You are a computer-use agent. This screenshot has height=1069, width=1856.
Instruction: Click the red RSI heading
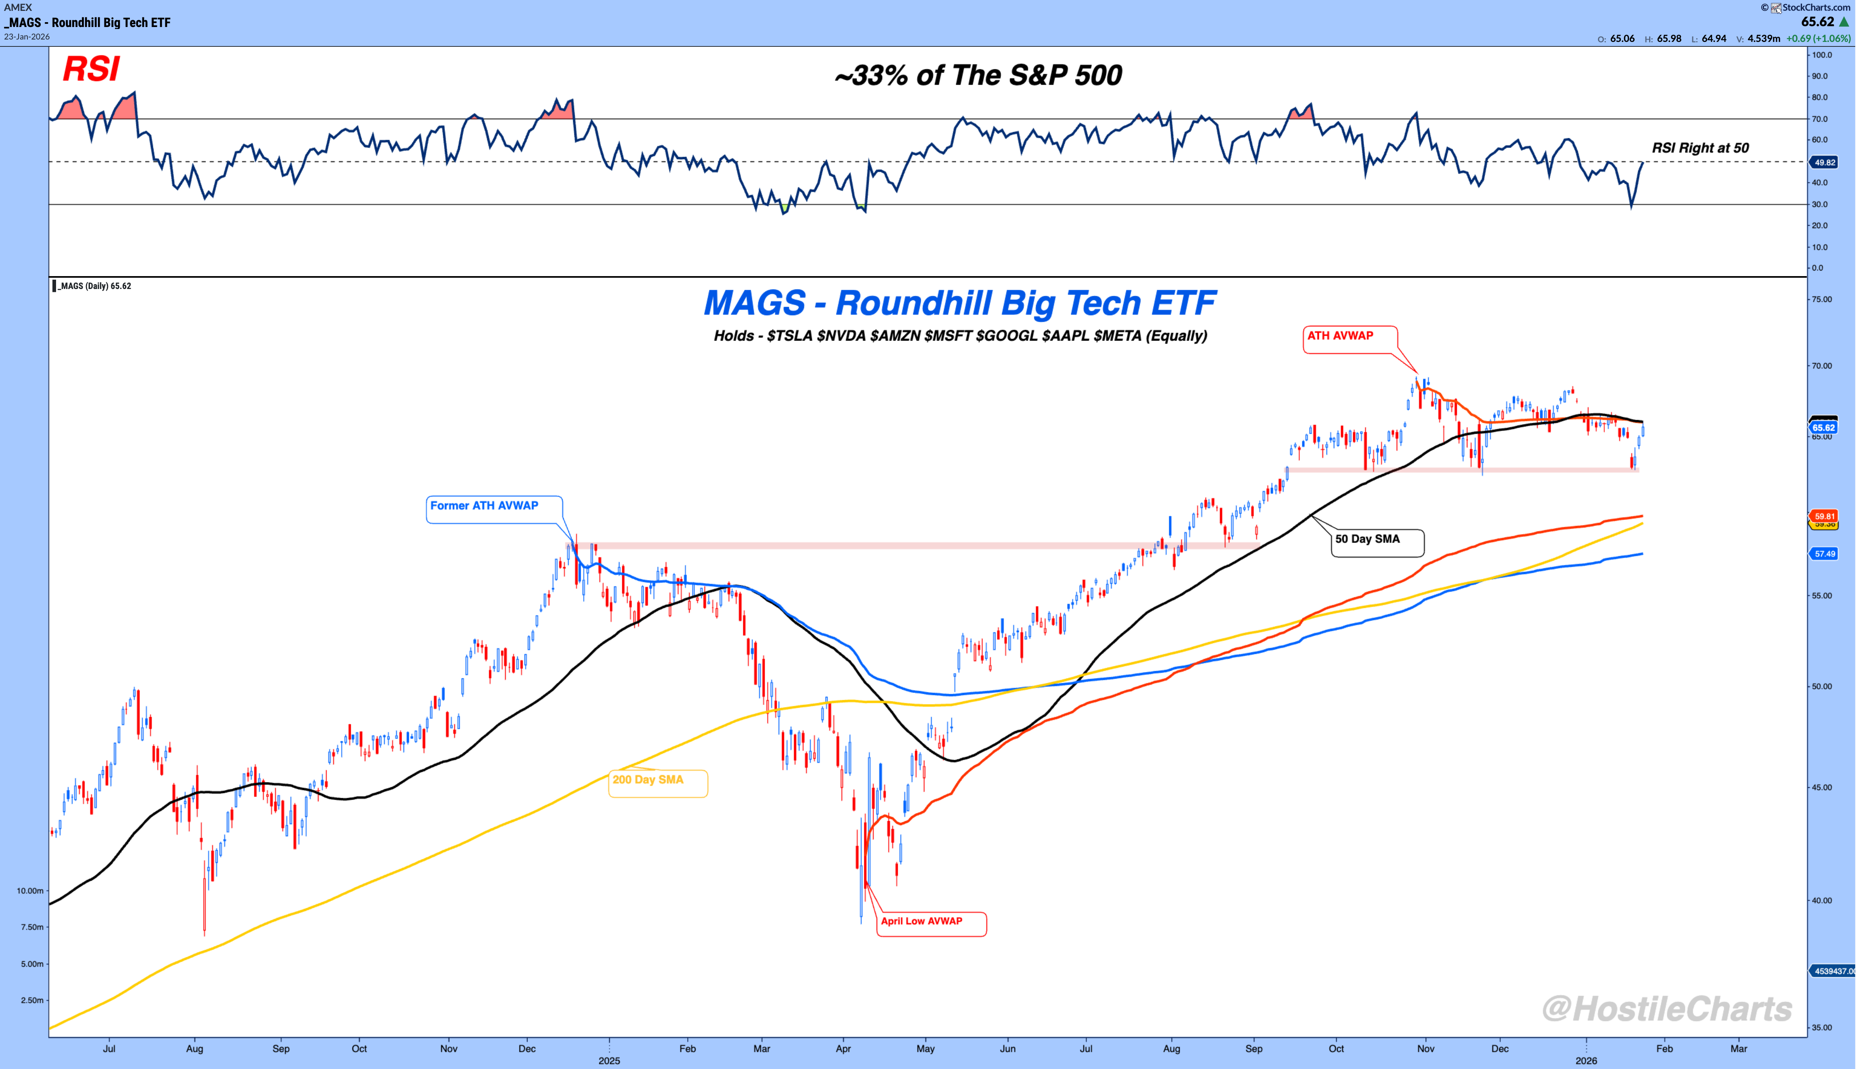[x=91, y=69]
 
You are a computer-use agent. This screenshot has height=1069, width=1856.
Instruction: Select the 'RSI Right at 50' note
[x=1700, y=148]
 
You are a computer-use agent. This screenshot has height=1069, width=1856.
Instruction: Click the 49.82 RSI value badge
[x=1825, y=162]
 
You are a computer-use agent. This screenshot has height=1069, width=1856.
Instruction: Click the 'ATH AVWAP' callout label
[x=1349, y=339]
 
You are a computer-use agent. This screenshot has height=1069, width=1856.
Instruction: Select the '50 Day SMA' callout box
[x=1377, y=542]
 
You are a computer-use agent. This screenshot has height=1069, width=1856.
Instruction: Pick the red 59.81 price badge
[x=1825, y=516]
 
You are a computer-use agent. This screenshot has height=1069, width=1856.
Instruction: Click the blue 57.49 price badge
[x=1825, y=553]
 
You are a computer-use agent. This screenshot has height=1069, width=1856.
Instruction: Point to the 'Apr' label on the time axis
[x=843, y=1048]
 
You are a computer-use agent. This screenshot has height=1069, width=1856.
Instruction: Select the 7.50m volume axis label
[x=31, y=927]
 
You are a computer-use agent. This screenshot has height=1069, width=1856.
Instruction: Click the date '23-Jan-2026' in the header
[x=27, y=37]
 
